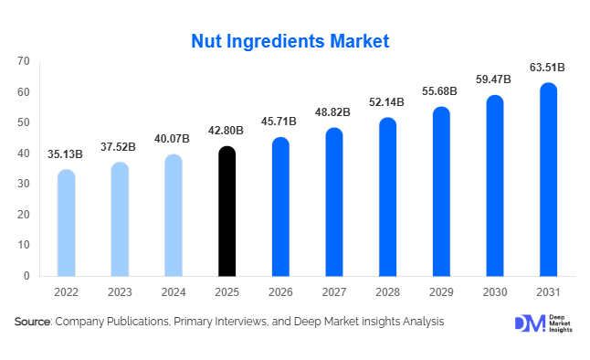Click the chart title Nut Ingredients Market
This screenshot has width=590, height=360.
[290, 41]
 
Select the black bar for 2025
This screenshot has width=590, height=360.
[227, 212]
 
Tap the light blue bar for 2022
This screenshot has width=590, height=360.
[66, 223]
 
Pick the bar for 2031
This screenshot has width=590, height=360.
[548, 180]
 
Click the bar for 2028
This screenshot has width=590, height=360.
[387, 197]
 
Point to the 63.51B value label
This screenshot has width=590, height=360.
[547, 67]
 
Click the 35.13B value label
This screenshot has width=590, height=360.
[66, 154]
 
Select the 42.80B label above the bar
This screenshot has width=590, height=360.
[227, 131]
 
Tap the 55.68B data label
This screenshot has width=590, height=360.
[440, 91]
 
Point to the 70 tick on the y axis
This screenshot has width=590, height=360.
[24, 61]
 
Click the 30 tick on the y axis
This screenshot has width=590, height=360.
[24, 184]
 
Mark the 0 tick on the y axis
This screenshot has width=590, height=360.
[26, 276]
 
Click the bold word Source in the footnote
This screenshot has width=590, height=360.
[33, 322]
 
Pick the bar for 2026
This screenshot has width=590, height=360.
[280, 207]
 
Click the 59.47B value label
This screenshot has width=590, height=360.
[494, 79]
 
